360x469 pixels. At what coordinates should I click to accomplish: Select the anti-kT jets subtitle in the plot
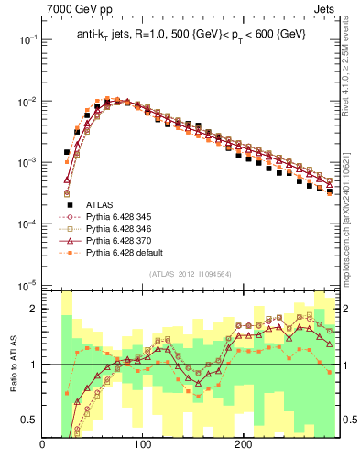(191, 35)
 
